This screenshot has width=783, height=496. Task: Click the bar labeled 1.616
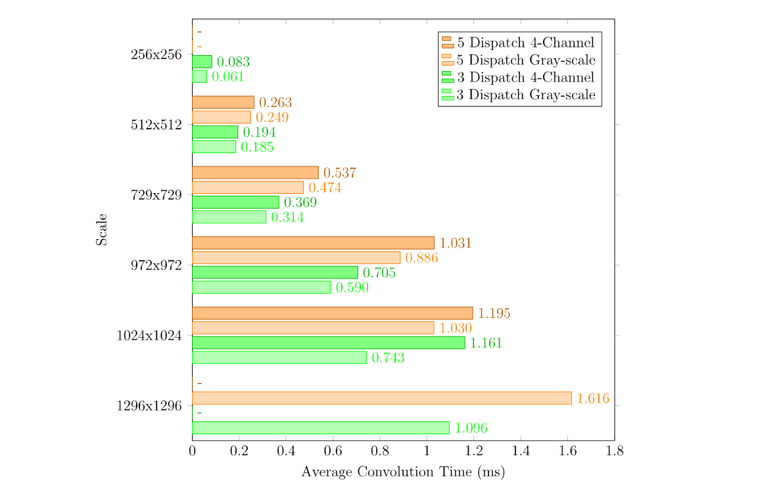[381, 398]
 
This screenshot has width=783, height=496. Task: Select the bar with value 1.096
[320, 428]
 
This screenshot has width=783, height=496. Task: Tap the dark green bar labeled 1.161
[328, 343]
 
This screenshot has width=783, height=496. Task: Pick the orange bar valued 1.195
[332, 313]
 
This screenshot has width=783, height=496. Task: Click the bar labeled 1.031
[313, 243]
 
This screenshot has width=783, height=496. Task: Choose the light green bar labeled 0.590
[261, 287]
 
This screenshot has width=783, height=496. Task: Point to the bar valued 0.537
[255, 173]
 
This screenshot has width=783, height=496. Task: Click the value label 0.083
[233, 62]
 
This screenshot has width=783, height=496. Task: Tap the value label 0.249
[272, 118]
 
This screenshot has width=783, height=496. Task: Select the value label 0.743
[388, 358]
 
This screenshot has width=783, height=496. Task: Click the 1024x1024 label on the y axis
[149, 336]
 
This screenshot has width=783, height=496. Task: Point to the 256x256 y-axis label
[156, 55]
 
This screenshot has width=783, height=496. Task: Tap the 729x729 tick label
[156, 195]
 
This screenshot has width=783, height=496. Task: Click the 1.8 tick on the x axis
[614, 451]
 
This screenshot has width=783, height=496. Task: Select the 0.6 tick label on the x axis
[333, 451]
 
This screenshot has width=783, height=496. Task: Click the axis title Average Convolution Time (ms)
[403, 472]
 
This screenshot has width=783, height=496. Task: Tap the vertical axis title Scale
[102, 230]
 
